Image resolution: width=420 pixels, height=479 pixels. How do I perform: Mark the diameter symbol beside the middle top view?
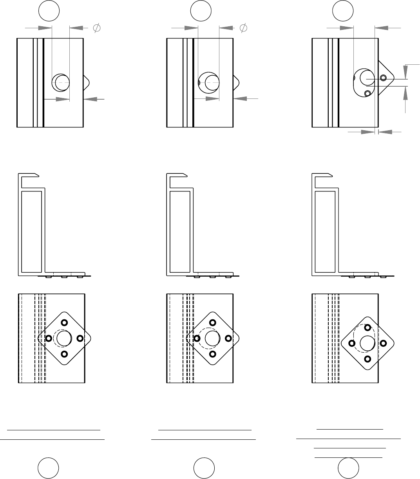click(x=243, y=28)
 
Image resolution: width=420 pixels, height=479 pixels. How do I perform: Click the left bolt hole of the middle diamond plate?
click(x=197, y=338)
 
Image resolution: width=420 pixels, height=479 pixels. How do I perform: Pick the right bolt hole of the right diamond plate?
click(x=384, y=343)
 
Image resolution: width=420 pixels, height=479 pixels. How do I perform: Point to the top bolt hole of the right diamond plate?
click(x=367, y=327)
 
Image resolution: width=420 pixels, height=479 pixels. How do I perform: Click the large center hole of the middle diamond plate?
click(x=212, y=338)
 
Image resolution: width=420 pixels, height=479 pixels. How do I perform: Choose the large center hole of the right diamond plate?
click(x=367, y=343)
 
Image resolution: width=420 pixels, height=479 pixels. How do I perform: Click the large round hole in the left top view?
click(x=61, y=82)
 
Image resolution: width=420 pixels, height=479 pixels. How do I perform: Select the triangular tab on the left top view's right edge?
click(x=87, y=82)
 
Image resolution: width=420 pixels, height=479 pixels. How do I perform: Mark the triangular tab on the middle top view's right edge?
click(x=236, y=82)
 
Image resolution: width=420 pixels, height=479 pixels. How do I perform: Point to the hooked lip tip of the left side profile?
click(x=36, y=175)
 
